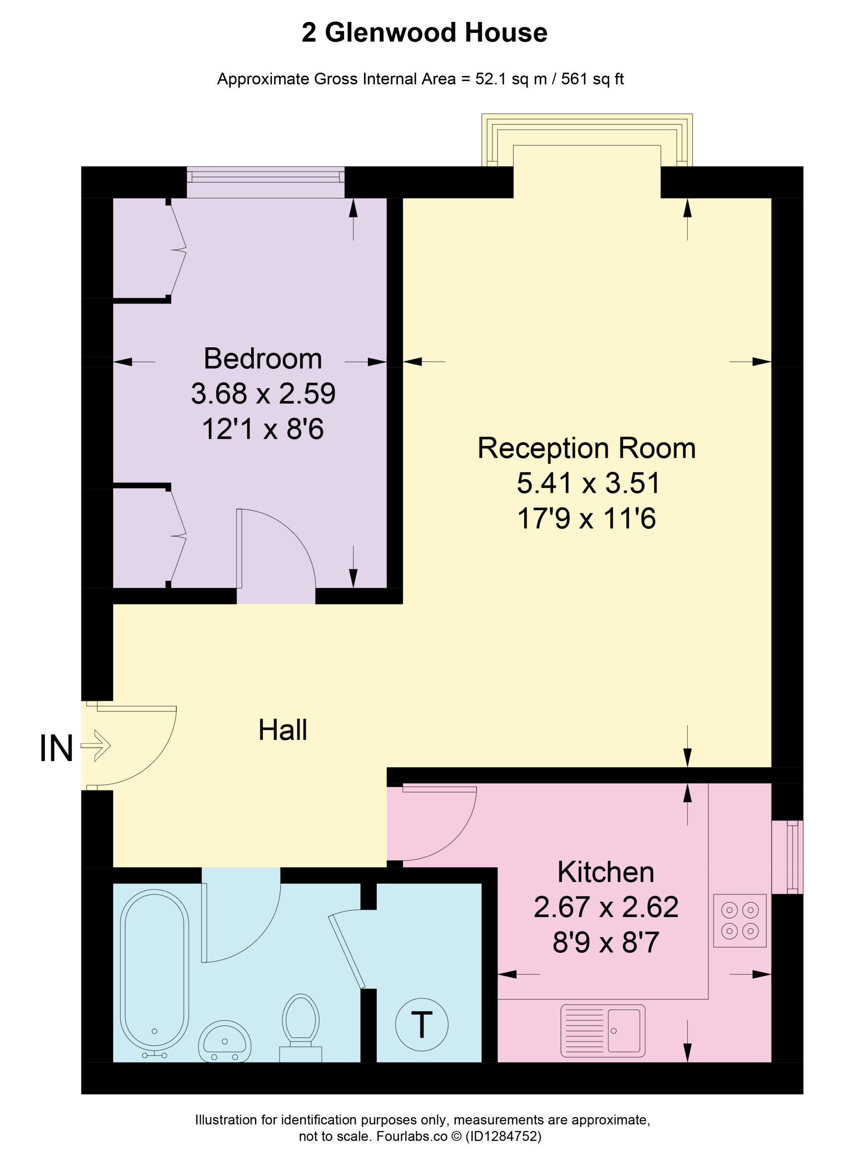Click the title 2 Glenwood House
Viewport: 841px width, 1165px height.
tap(424, 33)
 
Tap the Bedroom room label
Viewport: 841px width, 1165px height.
tap(263, 359)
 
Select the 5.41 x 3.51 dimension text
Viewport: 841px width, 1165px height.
tap(588, 483)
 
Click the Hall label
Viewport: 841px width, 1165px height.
tap(283, 730)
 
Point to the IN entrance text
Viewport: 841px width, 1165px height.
tap(56, 749)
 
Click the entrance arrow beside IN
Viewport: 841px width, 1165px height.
tap(96, 745)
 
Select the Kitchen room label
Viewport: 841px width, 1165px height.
tap(606, 872)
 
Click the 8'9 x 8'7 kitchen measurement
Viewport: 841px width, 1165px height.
tap(606, 942)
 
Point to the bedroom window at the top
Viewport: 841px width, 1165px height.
tap(266, 177)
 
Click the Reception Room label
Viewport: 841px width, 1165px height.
tap(587, 448)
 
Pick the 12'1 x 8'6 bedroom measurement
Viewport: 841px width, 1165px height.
tap(263, 429)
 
